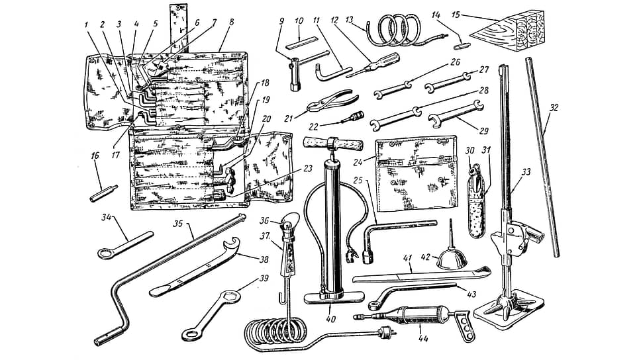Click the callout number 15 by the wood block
click(x=455, y=15)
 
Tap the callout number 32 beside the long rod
click(x=554, y=109)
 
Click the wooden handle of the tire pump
click(x=333, y=144)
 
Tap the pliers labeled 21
click(x=332, y=101)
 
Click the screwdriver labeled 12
click(x=372, y=65)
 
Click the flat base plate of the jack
click(x=509, y=312)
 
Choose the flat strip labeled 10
click(x=302, y=42)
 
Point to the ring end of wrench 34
click(x=105, y=253)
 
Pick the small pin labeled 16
click(x=104, y=193)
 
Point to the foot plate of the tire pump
click(x=334, y=297)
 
